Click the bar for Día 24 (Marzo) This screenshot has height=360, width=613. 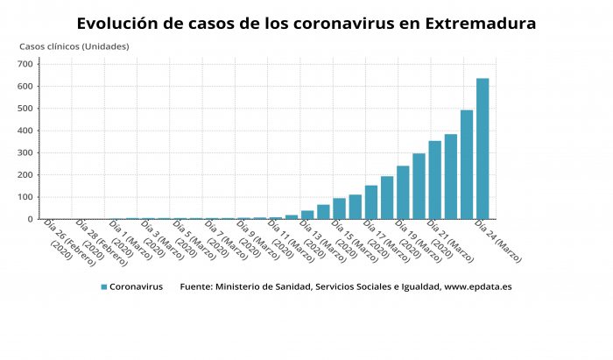point(483,149)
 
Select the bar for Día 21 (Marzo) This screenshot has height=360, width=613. point(434,180)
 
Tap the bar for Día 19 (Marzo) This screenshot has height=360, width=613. point(403,192)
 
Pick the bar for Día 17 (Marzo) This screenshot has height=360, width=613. point(371,202)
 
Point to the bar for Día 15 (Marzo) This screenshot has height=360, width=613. point(339,208)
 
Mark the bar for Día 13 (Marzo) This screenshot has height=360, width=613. point(307,215)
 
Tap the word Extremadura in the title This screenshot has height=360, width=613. point(479,23)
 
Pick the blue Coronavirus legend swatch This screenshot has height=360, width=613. point(103,286)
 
